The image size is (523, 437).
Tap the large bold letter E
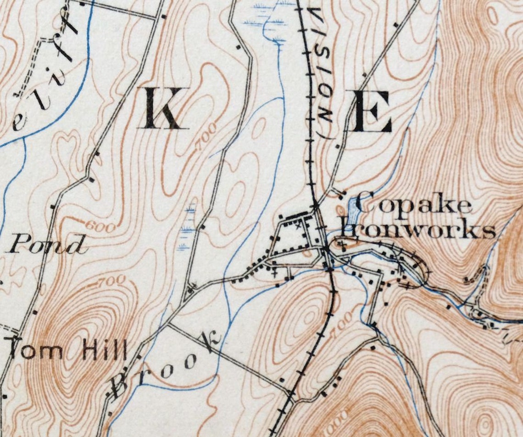pos(373,112)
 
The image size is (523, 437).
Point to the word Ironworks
pos(417,230)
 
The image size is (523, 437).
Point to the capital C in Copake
pos(364,203)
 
